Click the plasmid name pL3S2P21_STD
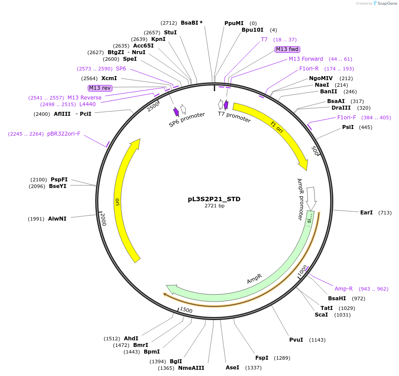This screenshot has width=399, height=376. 214,199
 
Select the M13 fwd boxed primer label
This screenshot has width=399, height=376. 287,49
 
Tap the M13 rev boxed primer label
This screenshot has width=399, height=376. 100,88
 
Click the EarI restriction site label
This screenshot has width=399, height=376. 366,213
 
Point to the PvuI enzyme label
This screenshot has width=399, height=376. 296,340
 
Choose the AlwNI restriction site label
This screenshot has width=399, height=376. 57,218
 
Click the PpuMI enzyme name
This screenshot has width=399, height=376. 234,23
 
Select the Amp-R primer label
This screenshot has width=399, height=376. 343,289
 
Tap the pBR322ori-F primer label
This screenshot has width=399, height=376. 64,134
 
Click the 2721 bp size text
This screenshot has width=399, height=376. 214,206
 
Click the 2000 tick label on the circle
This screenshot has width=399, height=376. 103,219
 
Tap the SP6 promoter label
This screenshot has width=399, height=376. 187,120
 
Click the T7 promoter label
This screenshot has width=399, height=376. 234,117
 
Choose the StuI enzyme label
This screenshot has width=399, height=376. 170,33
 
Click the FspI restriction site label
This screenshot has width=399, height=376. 261,358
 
